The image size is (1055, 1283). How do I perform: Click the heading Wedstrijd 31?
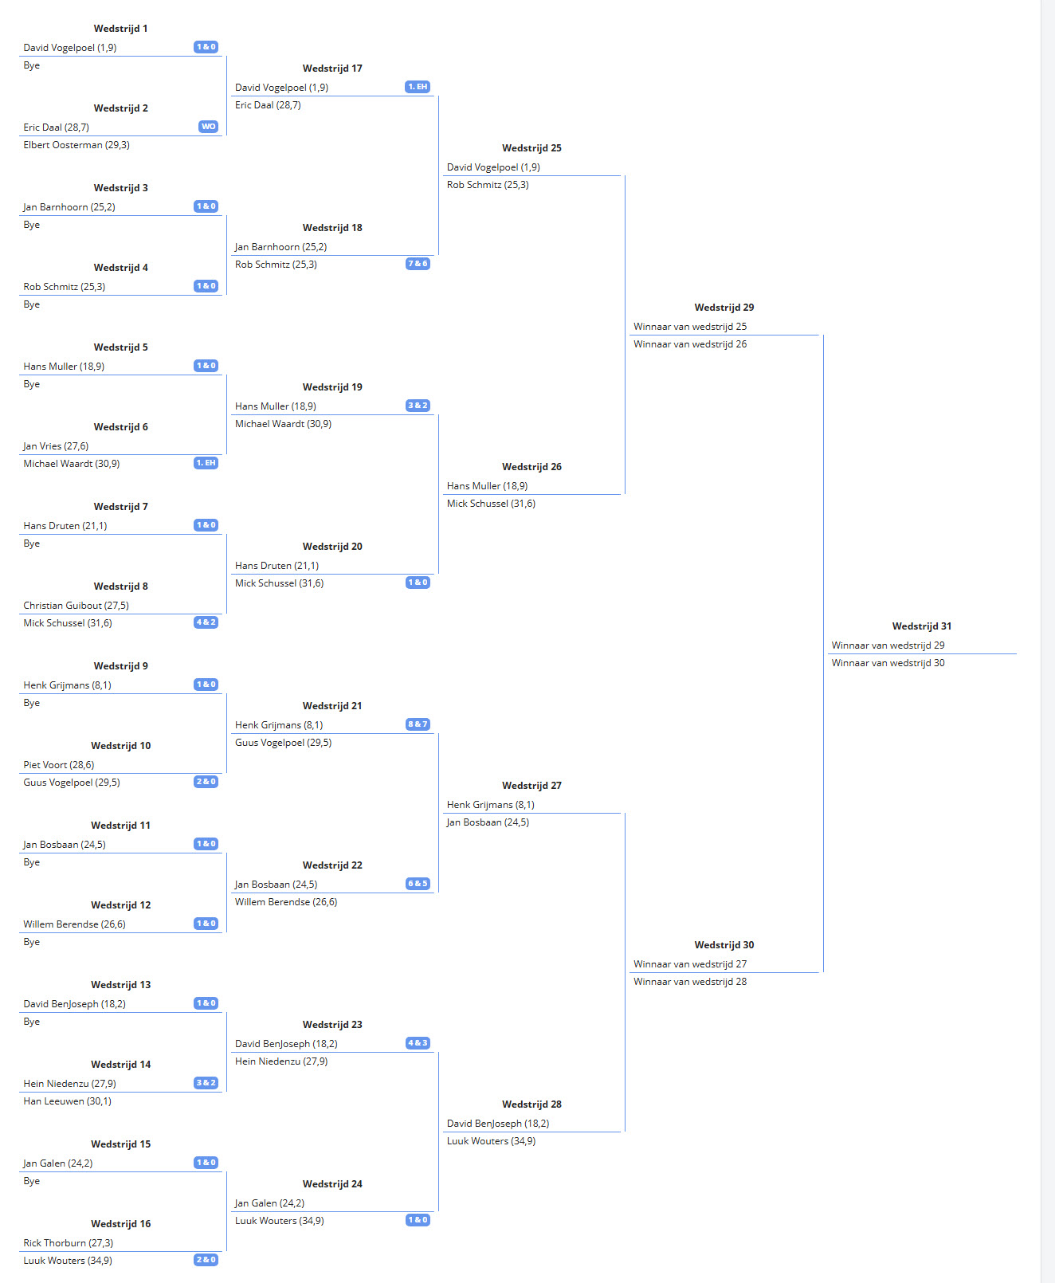click(x=921, y=626)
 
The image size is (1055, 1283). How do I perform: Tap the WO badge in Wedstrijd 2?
click(x=208, y=127)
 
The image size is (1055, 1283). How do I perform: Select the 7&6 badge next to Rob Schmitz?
click(x=418, y=264)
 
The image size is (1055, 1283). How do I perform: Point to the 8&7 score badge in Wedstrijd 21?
click(x=418, y=724)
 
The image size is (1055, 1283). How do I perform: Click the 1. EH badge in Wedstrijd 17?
click(x=418, y=86)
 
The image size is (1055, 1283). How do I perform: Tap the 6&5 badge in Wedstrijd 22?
click(x=418, y=883)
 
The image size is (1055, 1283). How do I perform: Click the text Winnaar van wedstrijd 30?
click(x=888, y=662)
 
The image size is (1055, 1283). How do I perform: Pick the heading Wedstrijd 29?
click(x=724, y=308)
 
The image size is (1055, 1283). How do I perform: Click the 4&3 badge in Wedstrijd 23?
click(x=418, y=1042)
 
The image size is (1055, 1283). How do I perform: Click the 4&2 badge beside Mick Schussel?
click(x=206, y=622)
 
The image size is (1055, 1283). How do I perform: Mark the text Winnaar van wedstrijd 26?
click(x=690, y=343)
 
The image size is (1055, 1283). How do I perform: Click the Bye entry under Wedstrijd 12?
click(x=32, y=942)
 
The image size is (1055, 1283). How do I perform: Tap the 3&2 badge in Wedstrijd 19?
click(x=418, y=405)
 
